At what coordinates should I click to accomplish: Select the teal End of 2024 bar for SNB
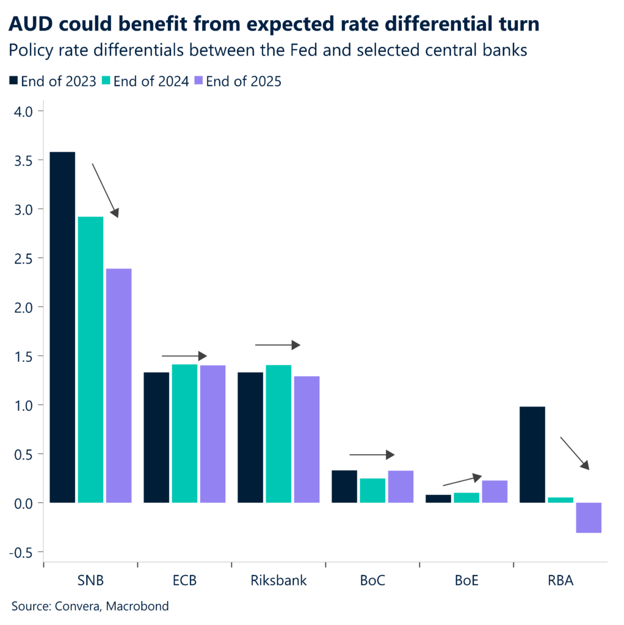(x=90, y=359)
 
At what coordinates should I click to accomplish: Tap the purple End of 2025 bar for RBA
(x=589, y=518)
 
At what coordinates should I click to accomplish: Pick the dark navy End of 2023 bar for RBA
(x=532, y=455)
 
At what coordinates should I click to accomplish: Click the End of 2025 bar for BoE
(x=495, y=491)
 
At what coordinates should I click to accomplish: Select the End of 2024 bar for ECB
(x=184, y=433)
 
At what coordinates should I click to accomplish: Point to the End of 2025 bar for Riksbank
(x=307, y=439)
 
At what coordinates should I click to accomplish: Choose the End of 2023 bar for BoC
(x=344, y=486)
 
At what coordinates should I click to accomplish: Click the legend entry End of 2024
(x=145, y=81)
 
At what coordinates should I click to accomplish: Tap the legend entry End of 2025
(x=238, y=81)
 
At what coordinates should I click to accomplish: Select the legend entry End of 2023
(x=53, y=81)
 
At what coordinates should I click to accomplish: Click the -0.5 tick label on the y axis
(x=23, y=552)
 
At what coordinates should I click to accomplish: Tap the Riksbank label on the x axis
(x=278, y=580)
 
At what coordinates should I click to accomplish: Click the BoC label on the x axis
(x=372, y=580)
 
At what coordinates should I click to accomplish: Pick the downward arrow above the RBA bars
(x=575, y=453)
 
